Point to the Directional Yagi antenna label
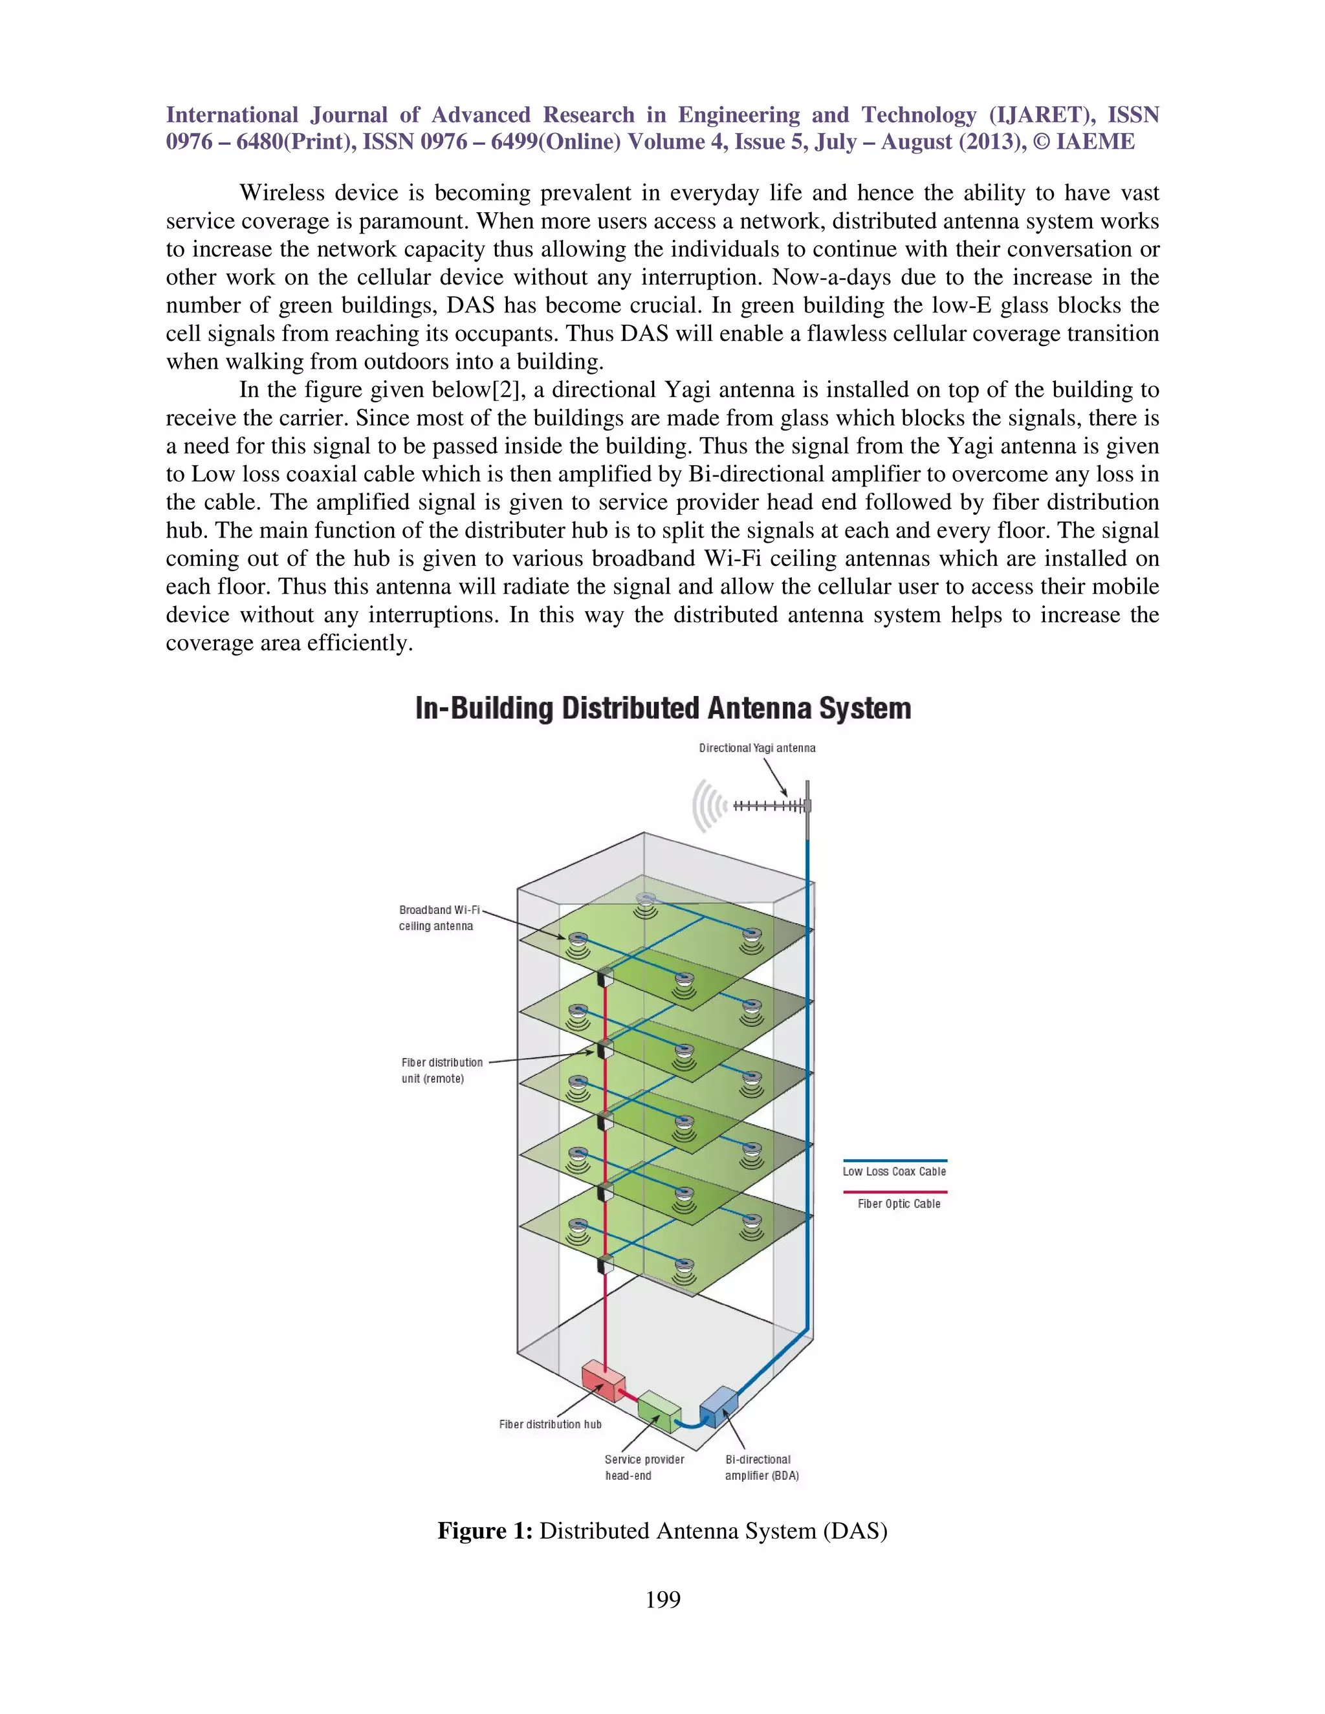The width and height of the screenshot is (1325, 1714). [757, 748]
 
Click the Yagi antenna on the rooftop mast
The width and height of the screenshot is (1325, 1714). [769, 806]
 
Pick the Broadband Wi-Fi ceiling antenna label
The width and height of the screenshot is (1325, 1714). [439, 917]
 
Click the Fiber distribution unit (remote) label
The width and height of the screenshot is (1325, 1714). [441, 1070]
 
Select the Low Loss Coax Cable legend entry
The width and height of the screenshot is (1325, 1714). [894, 1171]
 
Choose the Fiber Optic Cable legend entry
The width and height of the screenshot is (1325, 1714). [898, 1203]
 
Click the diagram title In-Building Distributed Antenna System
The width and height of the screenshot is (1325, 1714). [662, 709]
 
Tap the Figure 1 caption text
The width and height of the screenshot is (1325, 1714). [662, 1530]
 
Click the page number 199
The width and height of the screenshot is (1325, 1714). [662, 1599]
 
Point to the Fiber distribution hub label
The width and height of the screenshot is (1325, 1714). [551, 1424]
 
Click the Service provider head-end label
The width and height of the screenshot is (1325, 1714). [644, 1467]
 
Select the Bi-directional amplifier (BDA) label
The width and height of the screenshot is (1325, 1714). [761, 1467]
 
